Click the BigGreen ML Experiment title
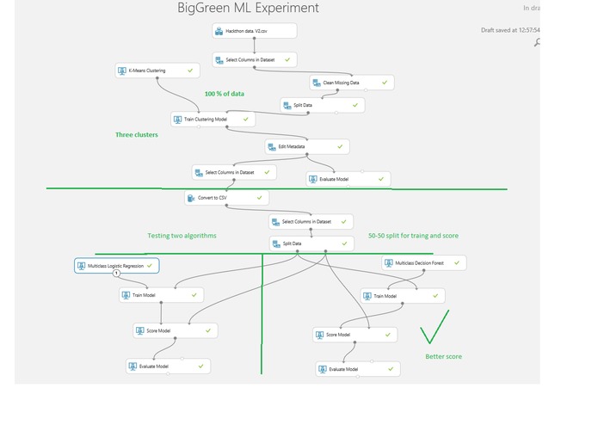point(248,9)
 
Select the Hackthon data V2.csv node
point(254,31)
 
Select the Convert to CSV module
point(226,198)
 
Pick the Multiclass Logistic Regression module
point(116,266)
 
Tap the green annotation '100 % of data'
point(225,93)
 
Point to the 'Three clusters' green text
point(137,135)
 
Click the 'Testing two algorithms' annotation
point(182,236)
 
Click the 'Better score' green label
point(443,356)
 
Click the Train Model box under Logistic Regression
point(160,295)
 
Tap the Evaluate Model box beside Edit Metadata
point(348,179)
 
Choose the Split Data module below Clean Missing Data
point(322,105)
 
